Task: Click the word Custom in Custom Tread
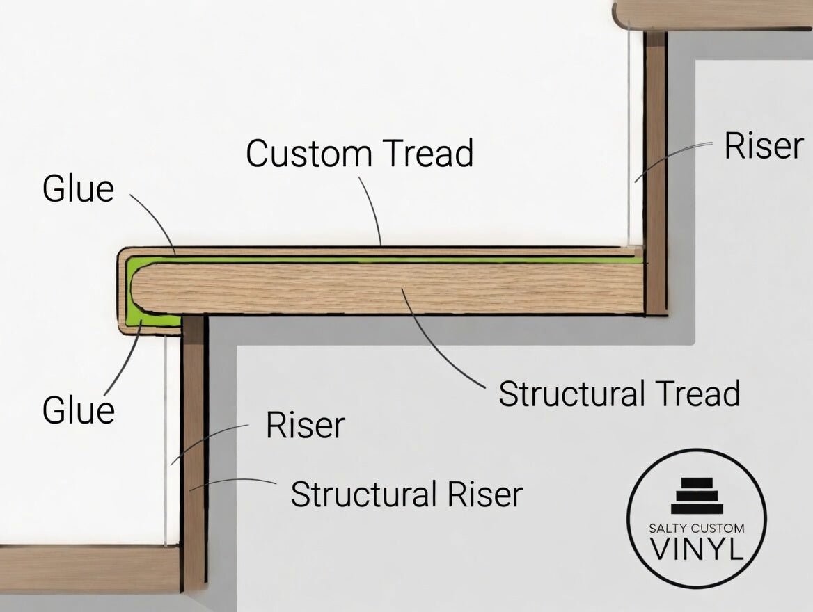[304, 153]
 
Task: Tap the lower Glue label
[78, 410]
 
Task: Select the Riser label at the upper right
[764, 146]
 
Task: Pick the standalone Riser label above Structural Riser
[305, 426]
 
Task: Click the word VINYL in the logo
[696, 549]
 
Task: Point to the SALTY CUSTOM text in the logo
[696, 529]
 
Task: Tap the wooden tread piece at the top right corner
[710, 14]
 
